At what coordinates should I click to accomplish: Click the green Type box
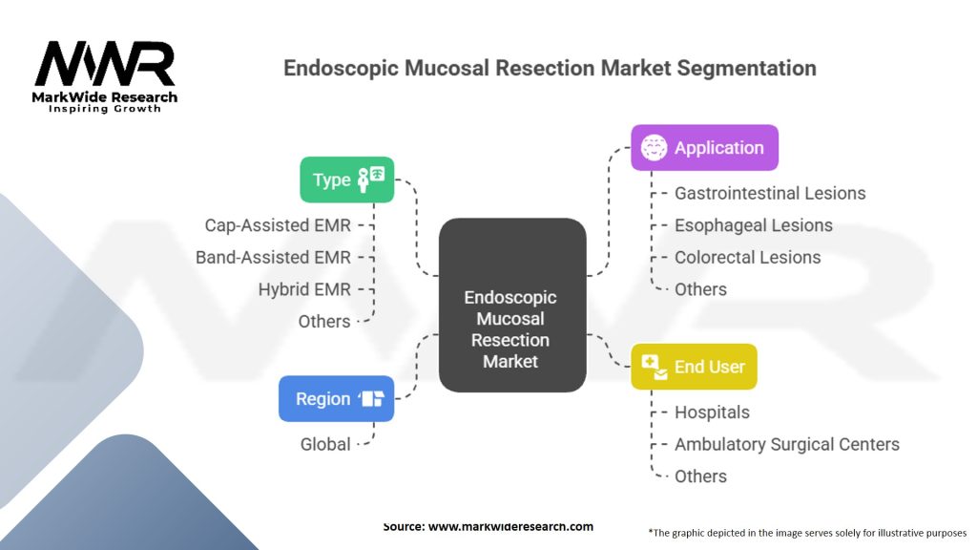[346, 180]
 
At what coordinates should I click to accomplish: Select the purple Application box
[704, 148]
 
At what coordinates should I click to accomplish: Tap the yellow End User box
[694, 367]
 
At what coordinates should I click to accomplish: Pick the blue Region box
[336, 399]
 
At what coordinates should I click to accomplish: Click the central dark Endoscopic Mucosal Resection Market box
[511, 306]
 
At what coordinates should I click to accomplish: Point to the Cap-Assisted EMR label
[278, 225]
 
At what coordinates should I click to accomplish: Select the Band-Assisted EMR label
[273, 257]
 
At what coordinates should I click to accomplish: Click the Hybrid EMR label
[304, 289]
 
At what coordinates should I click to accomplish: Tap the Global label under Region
[325, 444]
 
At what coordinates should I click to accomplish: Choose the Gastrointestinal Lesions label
[770, 193]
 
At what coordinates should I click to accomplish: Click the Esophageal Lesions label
[754, 225]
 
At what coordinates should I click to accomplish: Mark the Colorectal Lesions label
[747, 257]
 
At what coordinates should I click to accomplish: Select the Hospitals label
[712, 412]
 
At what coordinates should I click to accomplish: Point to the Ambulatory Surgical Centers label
[787, 444]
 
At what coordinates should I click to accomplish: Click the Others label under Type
[324, 322]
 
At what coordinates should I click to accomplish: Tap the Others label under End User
[700, 476]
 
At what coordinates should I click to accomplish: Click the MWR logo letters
[105, 65]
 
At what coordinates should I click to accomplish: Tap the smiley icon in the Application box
[654, 148]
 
